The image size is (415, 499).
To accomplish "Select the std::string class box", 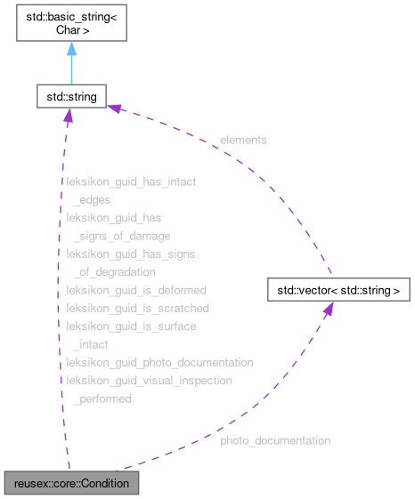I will tap(71, 95).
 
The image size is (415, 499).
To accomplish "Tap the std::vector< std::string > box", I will tap(338, 290).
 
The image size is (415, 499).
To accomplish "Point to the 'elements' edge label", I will tap(243, 140).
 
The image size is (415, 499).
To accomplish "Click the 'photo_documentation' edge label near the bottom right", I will tap(275, 440).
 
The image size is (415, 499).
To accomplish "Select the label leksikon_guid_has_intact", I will tap(131, 181).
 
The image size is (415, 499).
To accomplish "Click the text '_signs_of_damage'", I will tap(121, 236).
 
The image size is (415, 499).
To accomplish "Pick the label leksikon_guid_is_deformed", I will tap(136, 290).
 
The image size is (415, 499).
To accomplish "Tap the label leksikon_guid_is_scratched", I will tap(138, 308).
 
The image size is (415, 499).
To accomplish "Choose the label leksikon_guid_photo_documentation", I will tap(159, 363).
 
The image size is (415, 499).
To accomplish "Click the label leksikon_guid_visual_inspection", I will tap(149, 381).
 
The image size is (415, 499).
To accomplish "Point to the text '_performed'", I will tap(102, 399).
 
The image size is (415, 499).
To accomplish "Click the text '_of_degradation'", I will tap(114, 272).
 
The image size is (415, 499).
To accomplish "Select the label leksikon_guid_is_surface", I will tap(131, 326).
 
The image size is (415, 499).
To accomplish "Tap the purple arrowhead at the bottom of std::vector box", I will tap(328, 308).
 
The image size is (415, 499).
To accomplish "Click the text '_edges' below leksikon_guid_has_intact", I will tap(92, 200).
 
